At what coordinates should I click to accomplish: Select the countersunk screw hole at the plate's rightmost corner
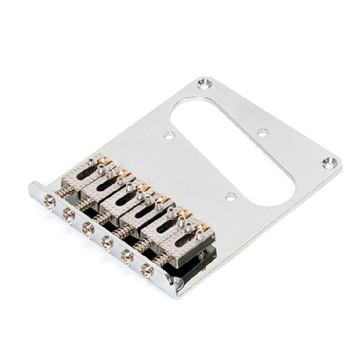(x=329, y=162)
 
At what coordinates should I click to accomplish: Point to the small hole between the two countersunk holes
(x=261, y=132)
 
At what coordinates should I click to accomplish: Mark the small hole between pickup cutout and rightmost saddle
(x=230, y=196)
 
